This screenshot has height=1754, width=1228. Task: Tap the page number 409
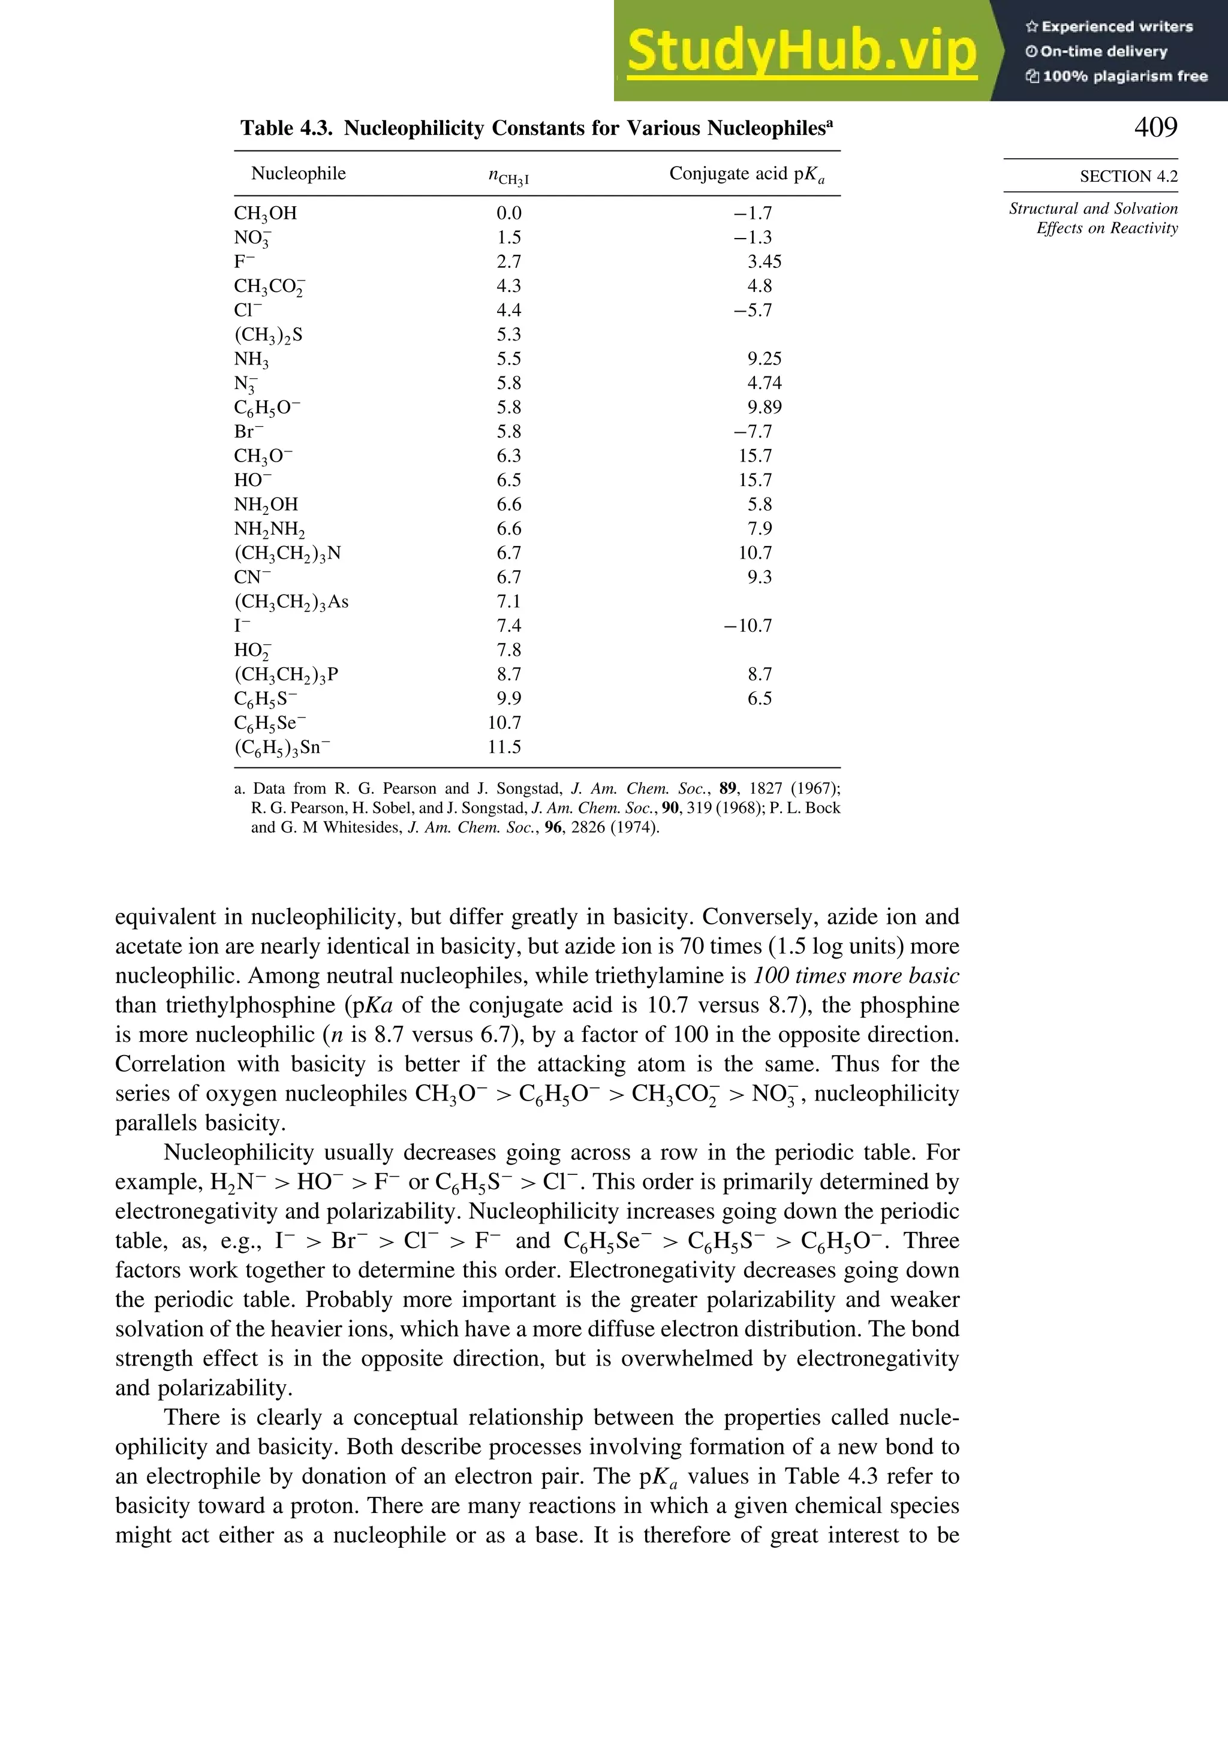(1155, 127)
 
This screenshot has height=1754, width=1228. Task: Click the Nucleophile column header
(298, 173)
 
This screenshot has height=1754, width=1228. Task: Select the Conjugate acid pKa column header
(747, 174)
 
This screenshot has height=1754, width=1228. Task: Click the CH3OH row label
(265, 213)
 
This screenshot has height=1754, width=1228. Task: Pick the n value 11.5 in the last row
(504, 747)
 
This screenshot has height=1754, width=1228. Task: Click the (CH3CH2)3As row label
(291, 602)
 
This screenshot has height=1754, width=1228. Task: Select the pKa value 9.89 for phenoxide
(764, 407)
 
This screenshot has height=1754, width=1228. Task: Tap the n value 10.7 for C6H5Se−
(504, 723)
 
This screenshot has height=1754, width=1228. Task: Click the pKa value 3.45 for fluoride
(764, 262)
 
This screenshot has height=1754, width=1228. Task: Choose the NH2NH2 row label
(269, 529)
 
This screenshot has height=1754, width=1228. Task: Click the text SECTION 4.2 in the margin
(1128, 176)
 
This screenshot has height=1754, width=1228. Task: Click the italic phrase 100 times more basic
(856, 975)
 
